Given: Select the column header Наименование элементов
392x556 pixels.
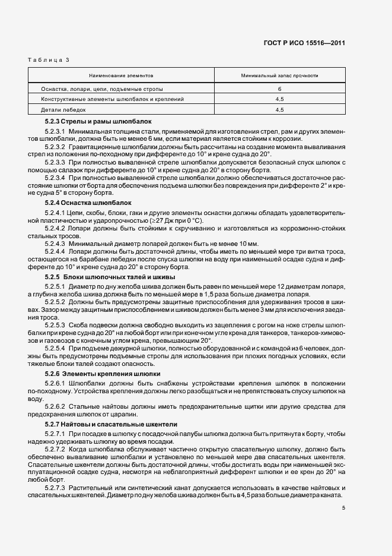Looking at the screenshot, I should click(120, 76).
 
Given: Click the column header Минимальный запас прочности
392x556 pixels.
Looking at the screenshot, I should click(279, 76).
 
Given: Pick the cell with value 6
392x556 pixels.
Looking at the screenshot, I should click(279, 89).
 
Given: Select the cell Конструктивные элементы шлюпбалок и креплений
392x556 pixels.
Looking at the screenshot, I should click(112, 99).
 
